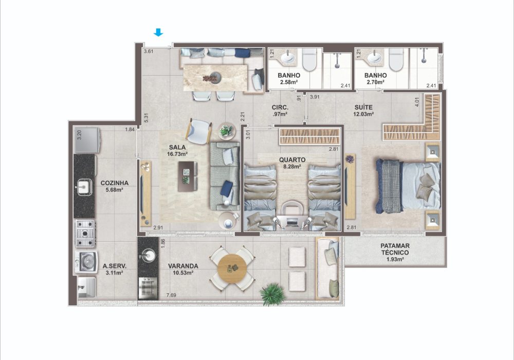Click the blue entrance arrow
(158, 32)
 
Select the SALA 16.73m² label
(177, 151)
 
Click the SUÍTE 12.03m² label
(363, 111)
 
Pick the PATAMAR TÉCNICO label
(395, 252)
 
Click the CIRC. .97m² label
(280, 111)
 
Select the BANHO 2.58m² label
(289, 78)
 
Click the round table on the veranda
(232, 268)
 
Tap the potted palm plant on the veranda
(272, 294)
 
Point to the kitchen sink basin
(84, 187)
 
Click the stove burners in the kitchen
(85, 233)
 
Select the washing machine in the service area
(86, 262)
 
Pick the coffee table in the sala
(188, 176)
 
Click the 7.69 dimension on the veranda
(171, 295)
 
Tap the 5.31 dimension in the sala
(146, 118)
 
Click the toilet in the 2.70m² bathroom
(396, 59)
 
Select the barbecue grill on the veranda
(148, 288)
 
